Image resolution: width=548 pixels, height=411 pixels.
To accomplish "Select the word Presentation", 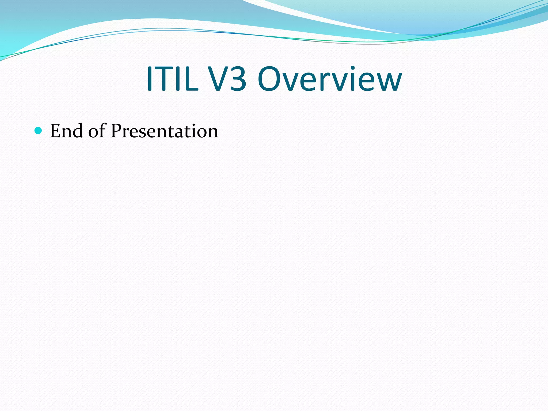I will (x=165, y=131).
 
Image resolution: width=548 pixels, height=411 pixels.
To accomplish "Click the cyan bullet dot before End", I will (x=39, y=131).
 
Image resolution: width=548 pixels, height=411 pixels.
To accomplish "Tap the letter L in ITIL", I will (x=192, y=79).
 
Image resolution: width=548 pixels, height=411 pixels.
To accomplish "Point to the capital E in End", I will (x=55, y=131).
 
